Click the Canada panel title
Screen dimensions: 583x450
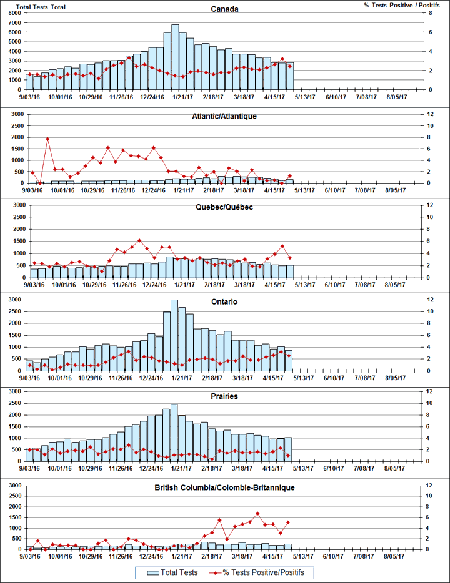tap(224, 9)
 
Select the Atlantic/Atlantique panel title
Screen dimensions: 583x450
tap(224, 116)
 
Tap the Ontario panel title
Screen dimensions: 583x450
tap(224, 302)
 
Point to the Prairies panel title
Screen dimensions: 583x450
tap(224, 396)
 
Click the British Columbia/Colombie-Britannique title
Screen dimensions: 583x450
tap(224, 487)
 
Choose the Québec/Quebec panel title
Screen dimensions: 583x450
tap(224, 207)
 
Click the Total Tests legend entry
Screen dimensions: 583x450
tap(173, 572)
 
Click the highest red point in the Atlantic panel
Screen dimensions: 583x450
tap(47, 139)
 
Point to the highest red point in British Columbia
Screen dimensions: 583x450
tap(257, 513)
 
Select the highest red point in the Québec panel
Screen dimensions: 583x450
tap(139, 240)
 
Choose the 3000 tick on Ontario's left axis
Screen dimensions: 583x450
tap(13, 300)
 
